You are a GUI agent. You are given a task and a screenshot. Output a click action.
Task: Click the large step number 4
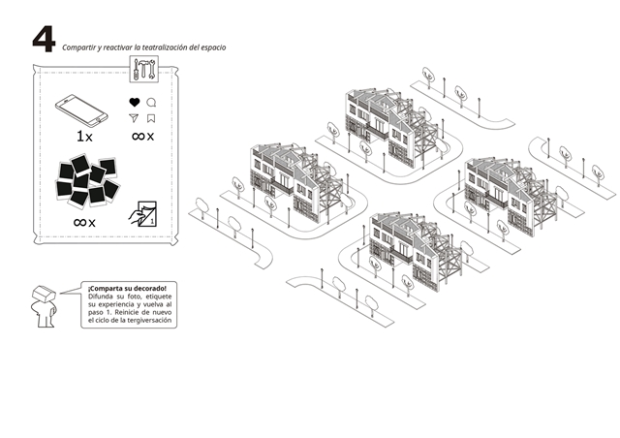(44, 39)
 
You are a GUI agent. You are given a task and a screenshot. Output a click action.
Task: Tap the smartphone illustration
(81, 110)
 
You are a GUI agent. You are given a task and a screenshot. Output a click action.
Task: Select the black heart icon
(135, 102)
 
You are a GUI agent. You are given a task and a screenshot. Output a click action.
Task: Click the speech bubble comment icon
(151, 103)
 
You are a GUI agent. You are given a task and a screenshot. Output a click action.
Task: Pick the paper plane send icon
(134, 117)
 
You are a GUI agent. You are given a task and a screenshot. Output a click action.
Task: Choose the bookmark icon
(151, 118)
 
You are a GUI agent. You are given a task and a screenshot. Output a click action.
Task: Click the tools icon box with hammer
(144, 69)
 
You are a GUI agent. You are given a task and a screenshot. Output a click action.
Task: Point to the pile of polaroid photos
(88, 180)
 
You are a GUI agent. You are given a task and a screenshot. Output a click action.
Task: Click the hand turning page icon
(142, 214)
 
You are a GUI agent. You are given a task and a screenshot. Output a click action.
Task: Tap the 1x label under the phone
(84, 137)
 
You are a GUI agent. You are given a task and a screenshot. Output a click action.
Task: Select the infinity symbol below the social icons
(138, 136)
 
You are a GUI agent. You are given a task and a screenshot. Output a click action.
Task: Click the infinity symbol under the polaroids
(79, 222)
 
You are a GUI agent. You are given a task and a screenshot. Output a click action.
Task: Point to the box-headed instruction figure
(44, 306)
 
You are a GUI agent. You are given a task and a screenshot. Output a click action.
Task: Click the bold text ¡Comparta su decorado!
(127, 288)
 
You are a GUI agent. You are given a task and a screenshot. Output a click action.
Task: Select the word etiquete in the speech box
(159, 297)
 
